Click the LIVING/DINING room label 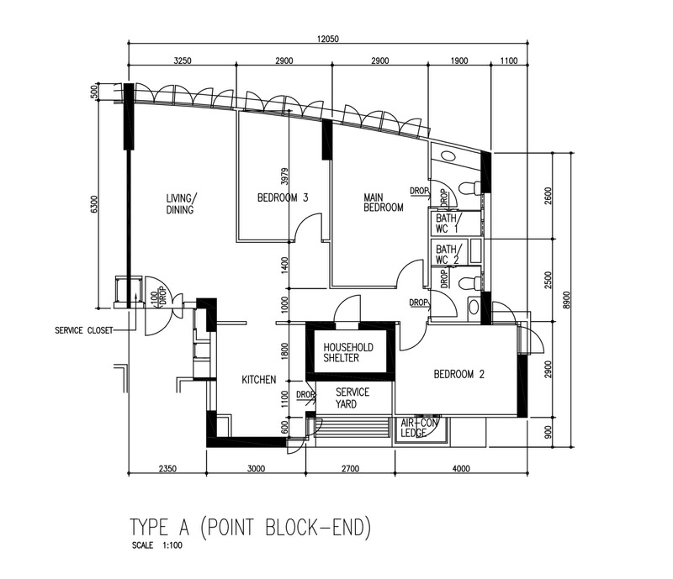pos(180,204)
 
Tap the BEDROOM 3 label pos(282,198)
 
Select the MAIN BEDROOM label pos(383,203)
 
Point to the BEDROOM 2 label pos(458,376)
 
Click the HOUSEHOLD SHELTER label pos(348,353)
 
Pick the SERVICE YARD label pos(352,398)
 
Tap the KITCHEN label pos(259,381)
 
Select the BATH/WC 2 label pos(447,255)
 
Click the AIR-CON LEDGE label pos(418,428)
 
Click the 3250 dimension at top pos(183,61)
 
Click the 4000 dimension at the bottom pos(459,470)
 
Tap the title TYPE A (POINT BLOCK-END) pos(250,528)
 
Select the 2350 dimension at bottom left pos(167,470)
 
